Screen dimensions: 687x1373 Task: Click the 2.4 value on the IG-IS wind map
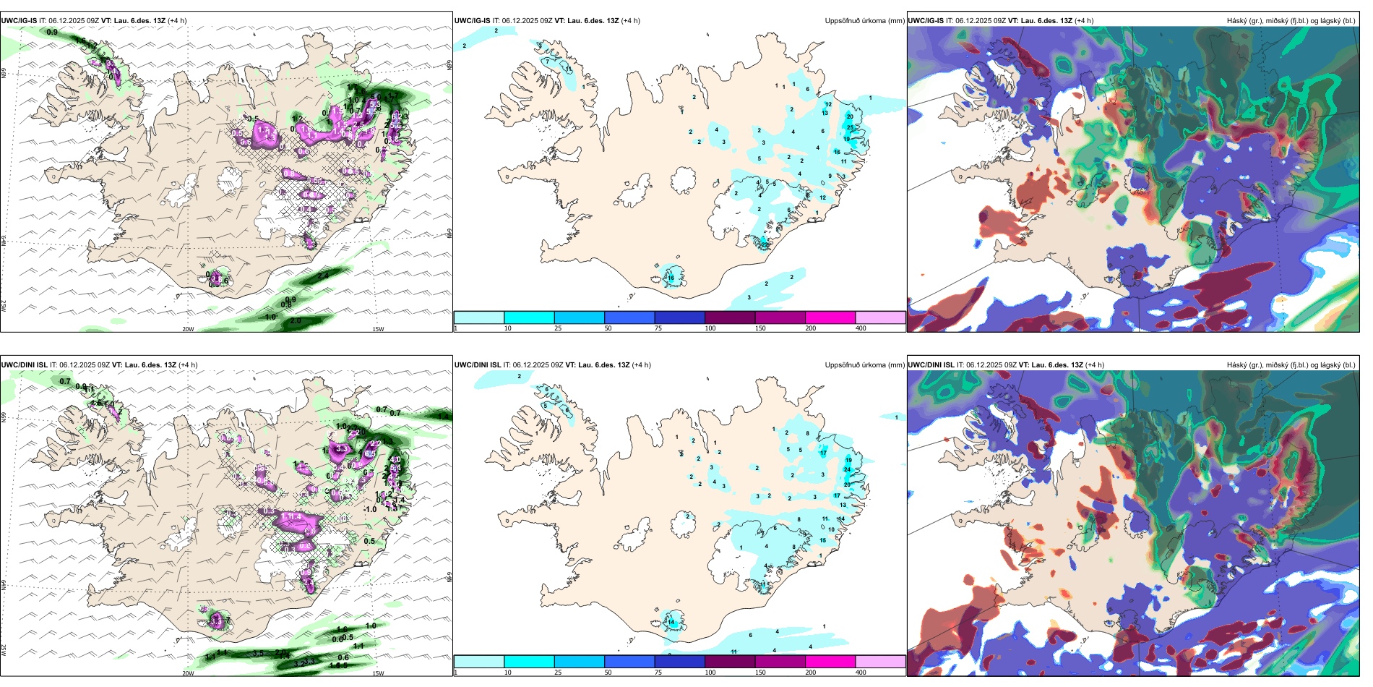coord(323,276)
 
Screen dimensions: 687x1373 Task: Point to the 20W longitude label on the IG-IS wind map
coord(188,329)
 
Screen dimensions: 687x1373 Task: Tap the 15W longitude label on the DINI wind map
coord(377,673)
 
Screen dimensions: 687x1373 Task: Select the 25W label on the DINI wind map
coord(4,651)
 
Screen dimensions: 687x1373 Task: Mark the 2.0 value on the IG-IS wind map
coord(295,320)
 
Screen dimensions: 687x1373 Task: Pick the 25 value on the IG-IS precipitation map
coord(850,127)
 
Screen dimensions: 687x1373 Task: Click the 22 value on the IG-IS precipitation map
coord(765,244)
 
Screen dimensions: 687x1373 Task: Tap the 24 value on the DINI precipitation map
coord(847,469)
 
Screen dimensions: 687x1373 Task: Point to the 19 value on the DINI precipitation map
coord(848,459)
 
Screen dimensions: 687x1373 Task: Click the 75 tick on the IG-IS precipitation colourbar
coord(658,328)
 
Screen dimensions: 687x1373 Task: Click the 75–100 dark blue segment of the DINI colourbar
coord(679,662)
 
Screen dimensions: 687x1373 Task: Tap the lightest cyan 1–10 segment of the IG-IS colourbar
coord(478,317)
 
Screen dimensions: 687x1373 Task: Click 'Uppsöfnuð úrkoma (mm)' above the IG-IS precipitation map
coord(864,21)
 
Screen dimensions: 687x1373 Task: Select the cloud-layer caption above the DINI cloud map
coord(1291,365)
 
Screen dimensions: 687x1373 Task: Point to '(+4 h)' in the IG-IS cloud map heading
coord(1085,21)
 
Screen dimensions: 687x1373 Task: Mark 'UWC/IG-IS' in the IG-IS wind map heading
coord(19,21)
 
